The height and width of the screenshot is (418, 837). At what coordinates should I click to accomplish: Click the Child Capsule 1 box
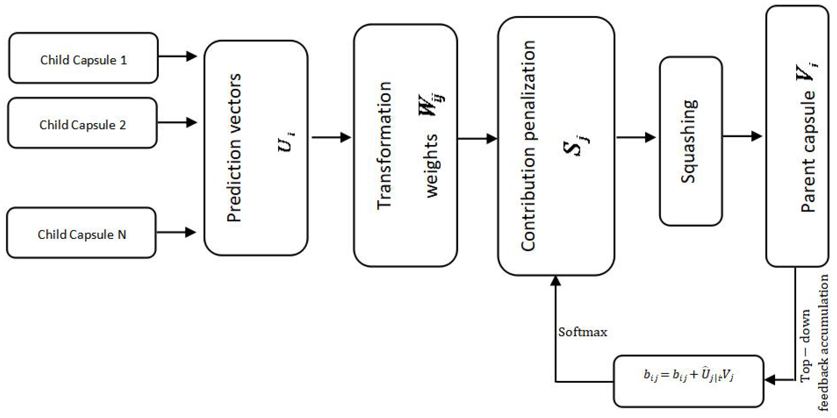coord(83,58)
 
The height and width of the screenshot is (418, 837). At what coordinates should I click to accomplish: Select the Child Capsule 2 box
coord(83,123)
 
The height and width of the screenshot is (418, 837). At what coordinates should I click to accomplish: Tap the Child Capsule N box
coord(82,233)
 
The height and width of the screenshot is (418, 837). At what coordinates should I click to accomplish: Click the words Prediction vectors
coord(234,148)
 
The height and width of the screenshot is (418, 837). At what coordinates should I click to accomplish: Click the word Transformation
coord(384,145)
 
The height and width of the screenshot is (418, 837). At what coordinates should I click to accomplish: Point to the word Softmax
coord(583,332)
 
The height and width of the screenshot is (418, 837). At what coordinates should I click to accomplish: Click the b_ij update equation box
coord(688,381)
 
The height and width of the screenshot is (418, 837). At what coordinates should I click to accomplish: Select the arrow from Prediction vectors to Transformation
coord(332,137)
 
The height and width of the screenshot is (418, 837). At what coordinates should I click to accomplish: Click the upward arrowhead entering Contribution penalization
coord(556,281)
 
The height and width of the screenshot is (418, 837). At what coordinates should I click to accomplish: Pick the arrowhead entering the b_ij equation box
coord(770,380)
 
